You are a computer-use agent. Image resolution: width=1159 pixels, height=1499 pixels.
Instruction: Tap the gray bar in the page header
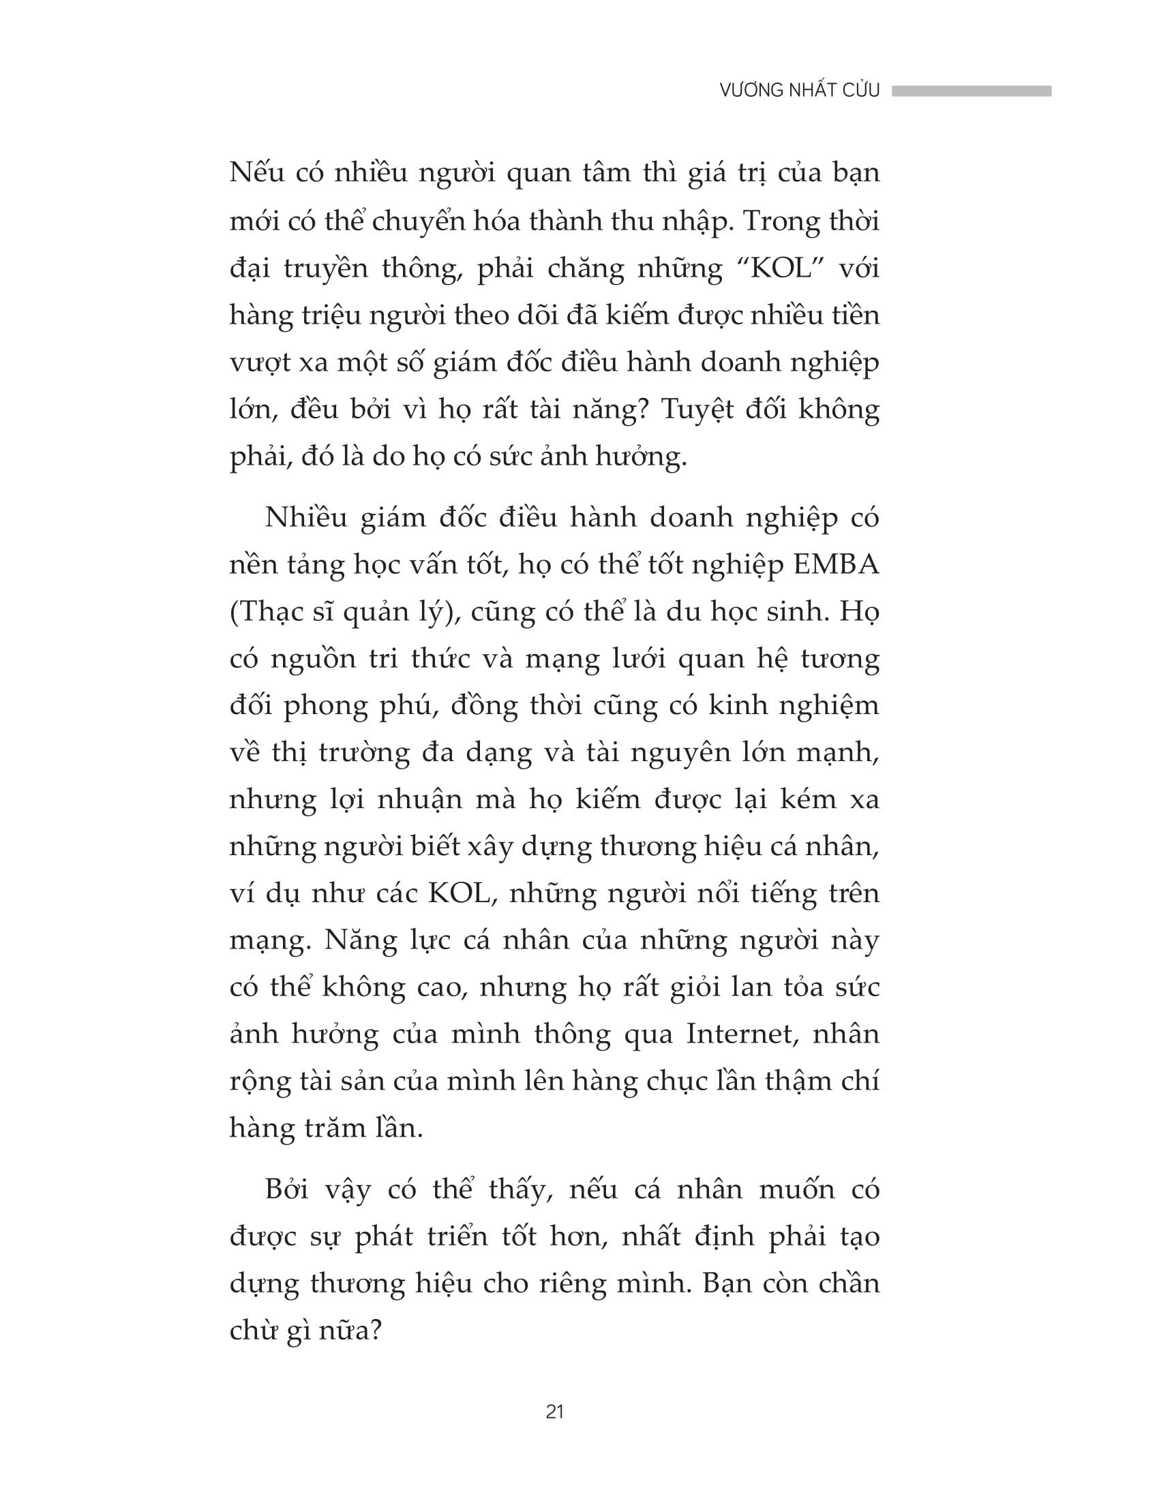coord(972,91)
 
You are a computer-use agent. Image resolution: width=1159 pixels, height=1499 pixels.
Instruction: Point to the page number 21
coord(554,1412)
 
